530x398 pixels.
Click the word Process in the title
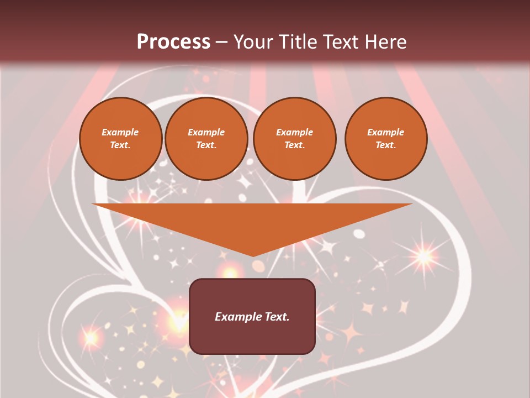coord(173,42)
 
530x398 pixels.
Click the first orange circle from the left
coord(120,139)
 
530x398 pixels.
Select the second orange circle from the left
coord(206,139)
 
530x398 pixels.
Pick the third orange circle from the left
coord(295,139)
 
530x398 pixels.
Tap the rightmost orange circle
coord(386,139)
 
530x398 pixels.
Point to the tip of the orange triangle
coord(253,255)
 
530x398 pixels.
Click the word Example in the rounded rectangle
coord(237,317)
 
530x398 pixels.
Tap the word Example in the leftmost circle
coord(120,132)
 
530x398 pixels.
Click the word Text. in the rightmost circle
coord(386,145)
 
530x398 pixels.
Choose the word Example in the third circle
coord(295,132)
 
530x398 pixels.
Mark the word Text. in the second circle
coord(206,145)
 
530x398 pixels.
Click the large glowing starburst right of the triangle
coord(424,256)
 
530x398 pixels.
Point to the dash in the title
coord(222,42)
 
